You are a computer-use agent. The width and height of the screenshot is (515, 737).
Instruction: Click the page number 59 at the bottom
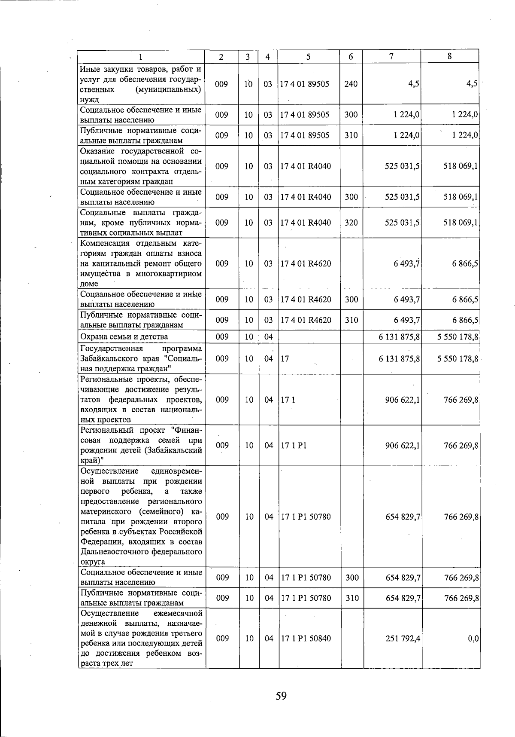pos(281,695)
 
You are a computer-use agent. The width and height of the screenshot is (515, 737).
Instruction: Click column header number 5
pos(309,56)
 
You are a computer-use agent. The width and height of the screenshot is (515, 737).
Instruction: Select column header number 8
pos(449,56)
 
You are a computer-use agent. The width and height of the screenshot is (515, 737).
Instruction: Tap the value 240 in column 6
pos(351,84)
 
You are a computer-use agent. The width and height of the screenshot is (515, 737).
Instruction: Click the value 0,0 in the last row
pos(473,639)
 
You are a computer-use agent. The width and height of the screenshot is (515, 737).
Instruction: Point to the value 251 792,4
pos(403,639)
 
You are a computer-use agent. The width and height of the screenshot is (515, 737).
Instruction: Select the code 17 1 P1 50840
pos(306,639)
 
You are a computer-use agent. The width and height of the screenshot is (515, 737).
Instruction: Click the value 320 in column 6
pos(351,223)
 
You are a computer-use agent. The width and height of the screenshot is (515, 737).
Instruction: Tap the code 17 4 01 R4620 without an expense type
pos(306,263)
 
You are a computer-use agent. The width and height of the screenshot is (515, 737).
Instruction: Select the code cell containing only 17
pos(285,358)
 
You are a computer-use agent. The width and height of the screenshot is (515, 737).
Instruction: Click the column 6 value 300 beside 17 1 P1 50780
pos(352,578)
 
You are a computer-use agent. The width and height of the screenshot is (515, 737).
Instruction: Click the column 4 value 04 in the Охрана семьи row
pos(269,336)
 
